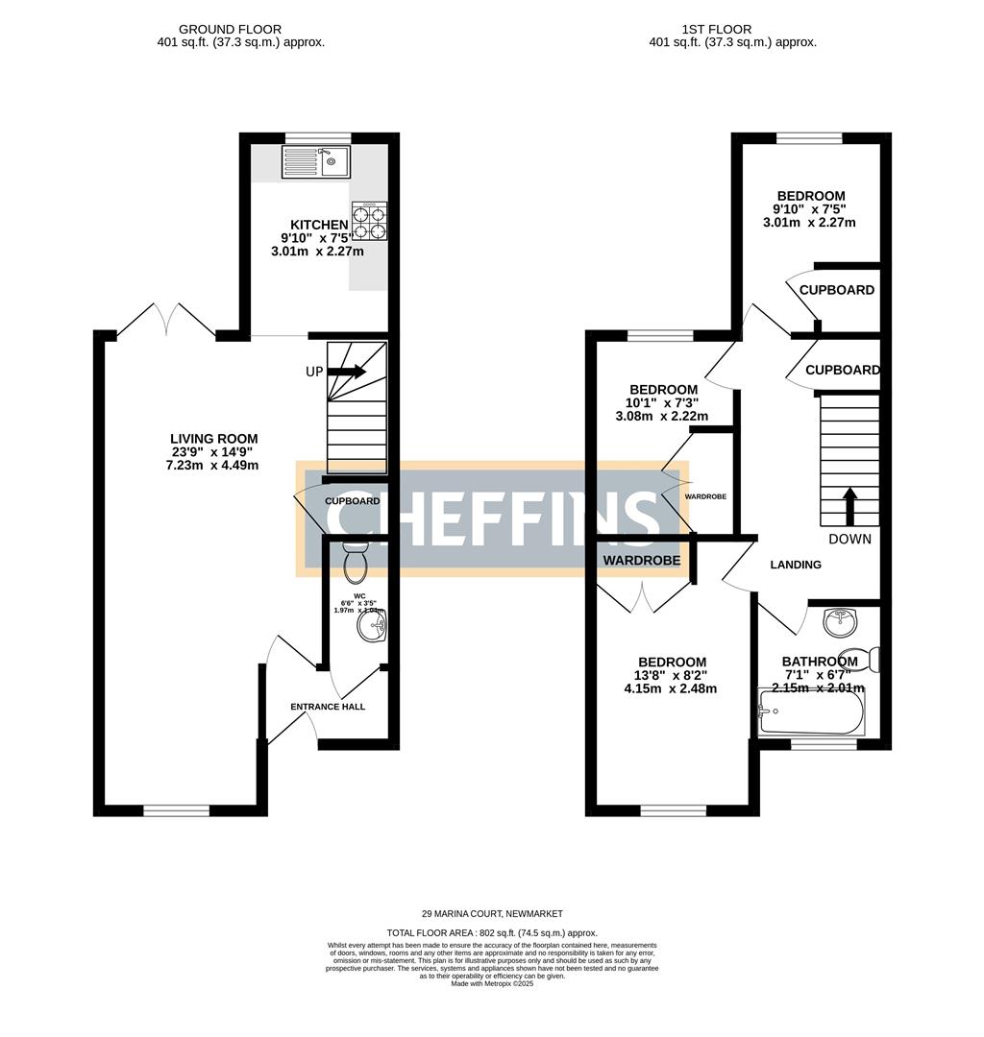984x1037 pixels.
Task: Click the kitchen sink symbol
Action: point(316,161)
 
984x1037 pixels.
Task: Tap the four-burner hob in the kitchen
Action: point(370,221)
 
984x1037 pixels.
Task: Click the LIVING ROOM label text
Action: point(213,439)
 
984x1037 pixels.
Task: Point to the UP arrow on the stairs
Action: point(345,372)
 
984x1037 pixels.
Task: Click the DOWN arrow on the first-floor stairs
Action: point(849,505)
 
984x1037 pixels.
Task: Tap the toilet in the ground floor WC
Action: point(355,563)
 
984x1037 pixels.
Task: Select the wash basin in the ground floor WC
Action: point(370,627)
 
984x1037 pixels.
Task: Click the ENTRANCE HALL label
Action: point(328,707)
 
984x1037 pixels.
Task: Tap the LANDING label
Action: point(796,565)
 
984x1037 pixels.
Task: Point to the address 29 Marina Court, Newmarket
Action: point(492,914)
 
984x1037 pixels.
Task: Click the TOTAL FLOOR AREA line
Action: point(492,932)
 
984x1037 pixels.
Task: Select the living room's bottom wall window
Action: point(176,810)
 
